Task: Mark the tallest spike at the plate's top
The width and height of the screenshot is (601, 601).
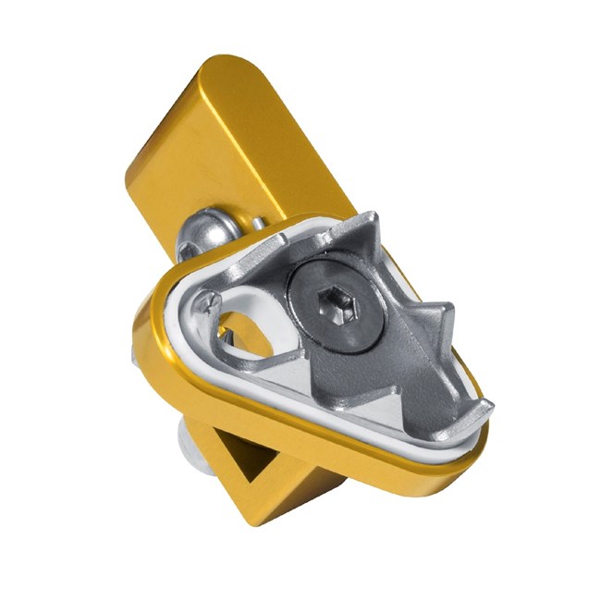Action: pyautogui.click(x=368, y=226)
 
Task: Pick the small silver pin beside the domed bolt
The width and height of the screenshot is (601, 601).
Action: pyautogui.click(x=256, y=224)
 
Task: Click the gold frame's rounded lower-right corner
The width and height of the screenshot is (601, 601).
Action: pyautogui.click(x=462, y=462)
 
